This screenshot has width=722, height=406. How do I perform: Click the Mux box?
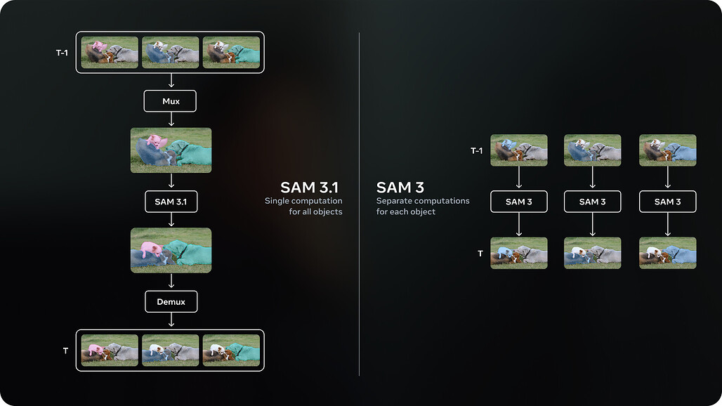coord(171,101)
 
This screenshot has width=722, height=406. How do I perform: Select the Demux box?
coord(171,302)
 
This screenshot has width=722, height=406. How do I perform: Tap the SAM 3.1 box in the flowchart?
coord(171,202)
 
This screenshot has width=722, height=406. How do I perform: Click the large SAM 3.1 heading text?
coord(309,187)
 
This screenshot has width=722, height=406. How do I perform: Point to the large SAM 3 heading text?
coord(401,187)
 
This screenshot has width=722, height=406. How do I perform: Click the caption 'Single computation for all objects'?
coord(304,207)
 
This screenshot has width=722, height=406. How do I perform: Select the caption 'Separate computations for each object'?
coord(422,207)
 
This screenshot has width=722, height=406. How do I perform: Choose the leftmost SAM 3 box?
coord(518,202)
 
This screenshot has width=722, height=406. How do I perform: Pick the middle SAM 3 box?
coord(593,202)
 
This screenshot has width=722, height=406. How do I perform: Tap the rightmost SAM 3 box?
coord(667,202)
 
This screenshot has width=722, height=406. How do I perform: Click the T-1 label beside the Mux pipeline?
coord(62,53)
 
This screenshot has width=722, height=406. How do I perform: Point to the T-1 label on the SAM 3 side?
coord(477,150)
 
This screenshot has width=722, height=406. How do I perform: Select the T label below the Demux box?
coord(65,350)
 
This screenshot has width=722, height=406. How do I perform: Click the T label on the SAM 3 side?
coord(480,253)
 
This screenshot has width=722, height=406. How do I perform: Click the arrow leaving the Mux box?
coord(171,119)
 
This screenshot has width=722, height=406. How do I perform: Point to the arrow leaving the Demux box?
coord(171,320)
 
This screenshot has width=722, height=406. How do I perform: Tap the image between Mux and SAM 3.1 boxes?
coord(171,150)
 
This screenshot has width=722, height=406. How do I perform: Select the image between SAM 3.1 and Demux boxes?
coord(171,250)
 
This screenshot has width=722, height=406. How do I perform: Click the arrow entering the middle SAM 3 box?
coord(593,178)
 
